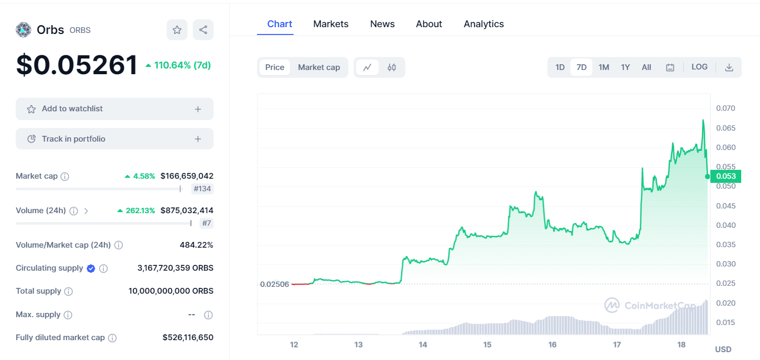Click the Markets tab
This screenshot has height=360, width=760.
click(x=331, y=24)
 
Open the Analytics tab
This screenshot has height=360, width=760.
click(x=484, y=24)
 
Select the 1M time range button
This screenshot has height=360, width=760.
click(x=604, y=67)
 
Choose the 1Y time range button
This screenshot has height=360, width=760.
click(x=625, y=67)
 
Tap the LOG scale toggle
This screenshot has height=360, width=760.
click(x=699, y=67)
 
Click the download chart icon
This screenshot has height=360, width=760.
click(x=729, y=67)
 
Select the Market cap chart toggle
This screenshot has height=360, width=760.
click(x=319, y=67)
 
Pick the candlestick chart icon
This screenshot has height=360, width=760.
click(x=392, y=67)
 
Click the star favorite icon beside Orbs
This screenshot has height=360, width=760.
click(x=177, y=30)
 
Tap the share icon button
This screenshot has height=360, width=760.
click(x=203, y=30)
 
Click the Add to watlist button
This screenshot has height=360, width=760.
click(x=114, y=109)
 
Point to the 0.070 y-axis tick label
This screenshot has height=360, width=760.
click(x=726, y=109)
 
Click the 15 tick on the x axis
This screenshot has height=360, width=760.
click(x=487, y=345)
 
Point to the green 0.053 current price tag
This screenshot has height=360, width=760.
click(x=726, y=177)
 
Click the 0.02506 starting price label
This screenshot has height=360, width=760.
click(x=274, y=284)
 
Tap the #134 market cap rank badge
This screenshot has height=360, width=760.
click(x=202, y=189)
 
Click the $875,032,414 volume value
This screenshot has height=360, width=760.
click(x=186, y=211)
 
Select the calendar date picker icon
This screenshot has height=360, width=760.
click(x=670, y=67)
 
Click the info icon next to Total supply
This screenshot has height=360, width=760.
click(x=68, y=292)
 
